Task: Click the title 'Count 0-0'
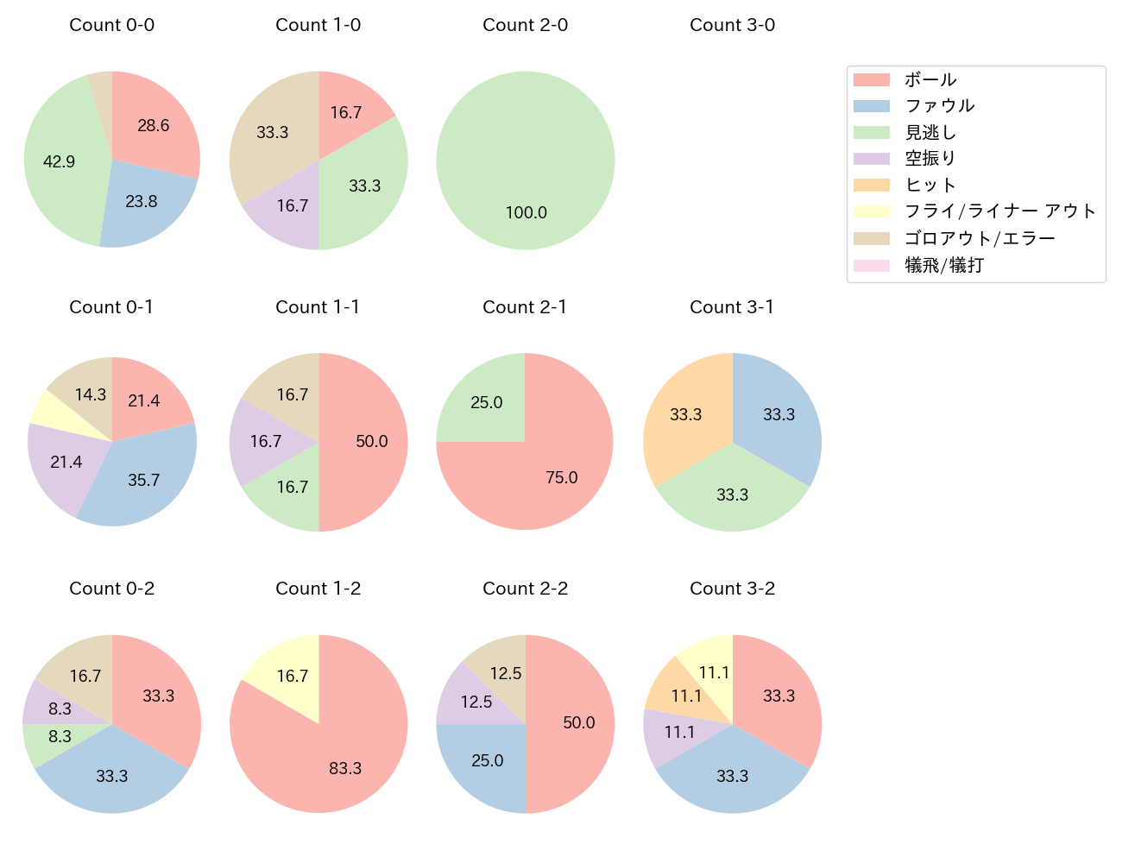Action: point(112,25)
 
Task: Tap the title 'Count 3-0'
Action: point(732,25)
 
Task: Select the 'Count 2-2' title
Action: point(525,589)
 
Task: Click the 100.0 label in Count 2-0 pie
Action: point(526,213)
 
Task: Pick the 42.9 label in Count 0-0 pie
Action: point(60,162)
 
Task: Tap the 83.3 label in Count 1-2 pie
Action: point(345,768)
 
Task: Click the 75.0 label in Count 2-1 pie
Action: point(562,478)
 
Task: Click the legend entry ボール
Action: point(930,80)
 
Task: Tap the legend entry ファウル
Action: point(939,106)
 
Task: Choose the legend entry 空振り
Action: point(930,159)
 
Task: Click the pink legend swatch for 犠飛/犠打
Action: point(871,266)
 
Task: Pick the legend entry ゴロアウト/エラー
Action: point(980,239)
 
